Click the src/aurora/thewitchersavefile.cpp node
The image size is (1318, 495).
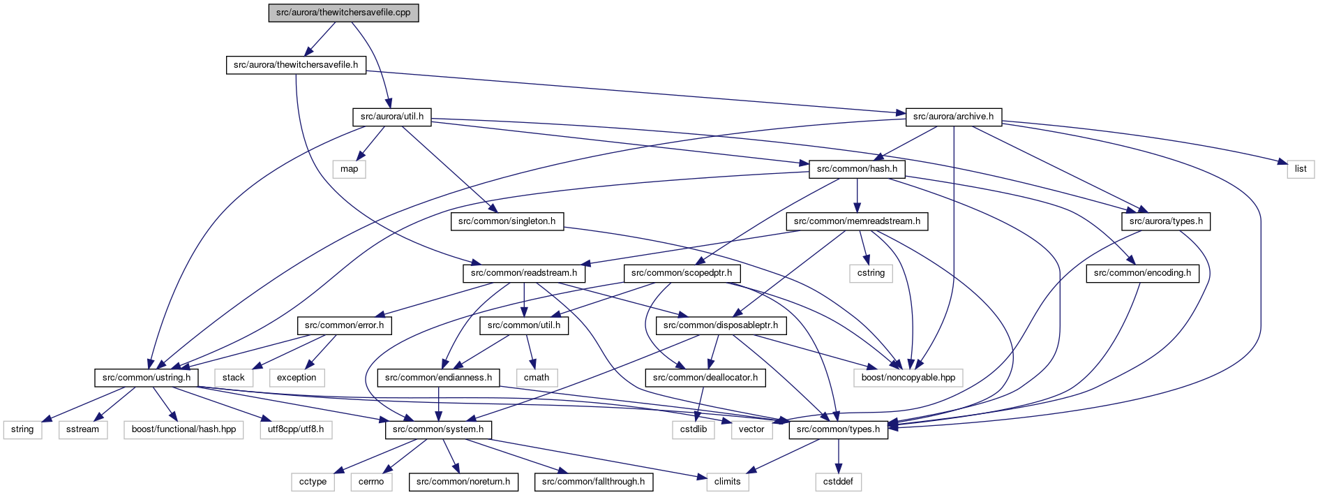(343, 13)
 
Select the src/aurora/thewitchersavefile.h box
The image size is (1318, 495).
(296, 65)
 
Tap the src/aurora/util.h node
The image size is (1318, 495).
(392, 117)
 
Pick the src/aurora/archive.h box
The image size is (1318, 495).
(953, 117)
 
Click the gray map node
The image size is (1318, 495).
(350, 169)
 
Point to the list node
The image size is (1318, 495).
(1301, 169)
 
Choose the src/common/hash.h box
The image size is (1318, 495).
(857, 169)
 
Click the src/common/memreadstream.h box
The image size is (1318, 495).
(857, 221)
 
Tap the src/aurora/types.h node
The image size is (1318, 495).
(1166, 221)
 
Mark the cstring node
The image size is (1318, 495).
(871, 273)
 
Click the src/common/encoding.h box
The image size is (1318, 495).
(1142, 273)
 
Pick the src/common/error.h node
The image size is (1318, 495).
(344, 325)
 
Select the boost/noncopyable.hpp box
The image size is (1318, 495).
(908, 378)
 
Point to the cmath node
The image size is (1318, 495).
(537, 378)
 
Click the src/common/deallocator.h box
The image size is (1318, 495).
(705, 378)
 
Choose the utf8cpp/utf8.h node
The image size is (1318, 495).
(296, 429)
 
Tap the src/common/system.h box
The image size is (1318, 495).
(438, 429)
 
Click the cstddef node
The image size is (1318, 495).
(838, 482)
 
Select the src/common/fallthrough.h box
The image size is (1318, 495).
(593, 482)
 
